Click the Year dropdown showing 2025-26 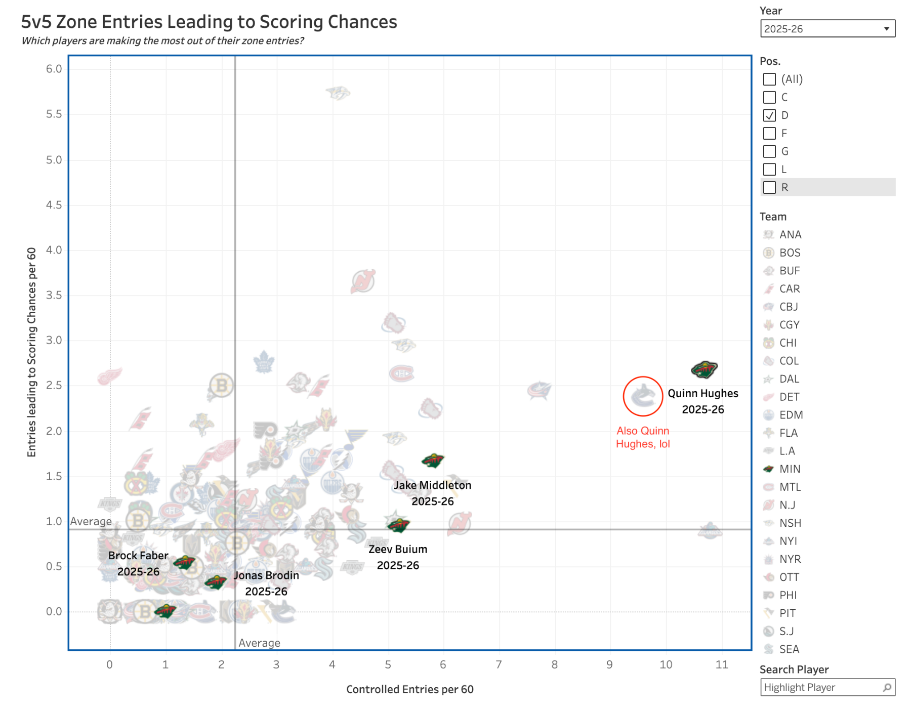[827, 29]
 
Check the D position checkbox [769, 115]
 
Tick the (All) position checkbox [769, 79]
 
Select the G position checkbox [769, 151]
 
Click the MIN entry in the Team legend [790, 469]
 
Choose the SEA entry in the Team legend [789, 649]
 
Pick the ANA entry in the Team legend [790, 235]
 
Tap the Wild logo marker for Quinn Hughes [704, 369]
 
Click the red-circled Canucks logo [643, 396]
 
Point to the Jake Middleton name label [433, 485]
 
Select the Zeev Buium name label [398, 550]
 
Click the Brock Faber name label [138, 556]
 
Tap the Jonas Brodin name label [266, 575]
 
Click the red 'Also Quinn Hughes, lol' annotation [643, 437]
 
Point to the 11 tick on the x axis [722, 664]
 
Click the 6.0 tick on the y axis [54, 69]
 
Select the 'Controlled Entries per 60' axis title [409, 689]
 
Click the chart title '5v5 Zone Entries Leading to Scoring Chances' [209, 22]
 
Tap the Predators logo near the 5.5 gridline [338, 93]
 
